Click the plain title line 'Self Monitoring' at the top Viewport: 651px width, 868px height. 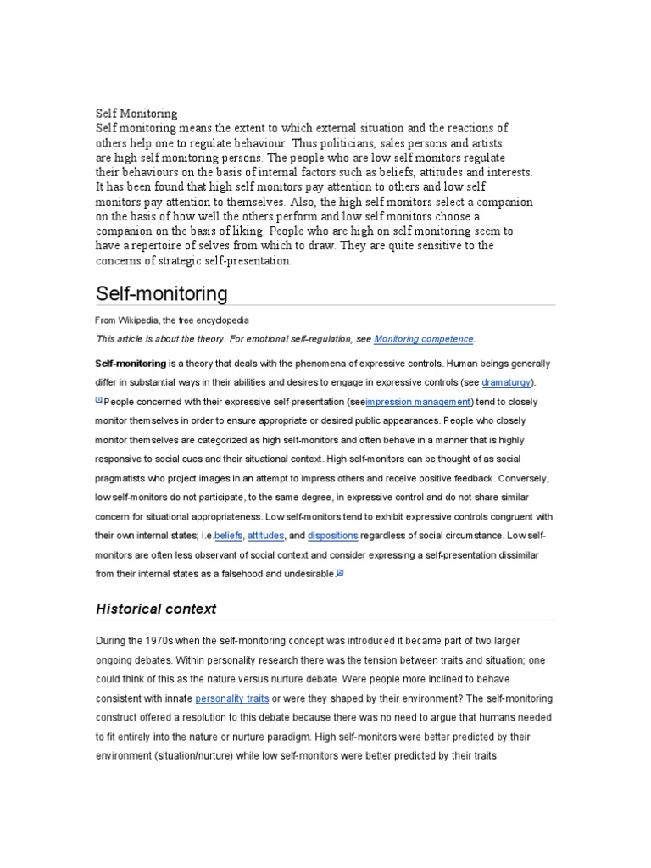(x=136, y=113)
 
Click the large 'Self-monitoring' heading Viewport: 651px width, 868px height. (x=162, y=293)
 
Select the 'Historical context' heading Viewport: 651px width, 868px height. (x=156, y=609)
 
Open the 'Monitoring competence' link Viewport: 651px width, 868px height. (x=424, y=339)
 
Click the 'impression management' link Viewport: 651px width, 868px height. (x=418, y=402)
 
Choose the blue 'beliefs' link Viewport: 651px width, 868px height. (x=228, y=536)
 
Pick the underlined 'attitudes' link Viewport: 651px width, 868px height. (x=266, y=536)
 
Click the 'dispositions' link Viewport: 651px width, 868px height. (x=333, y=536)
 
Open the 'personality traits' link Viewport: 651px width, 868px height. (x=232, y=698)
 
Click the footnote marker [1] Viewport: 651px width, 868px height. (x=98, y=399)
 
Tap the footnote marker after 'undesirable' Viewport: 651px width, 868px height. (x=340, y=572)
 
